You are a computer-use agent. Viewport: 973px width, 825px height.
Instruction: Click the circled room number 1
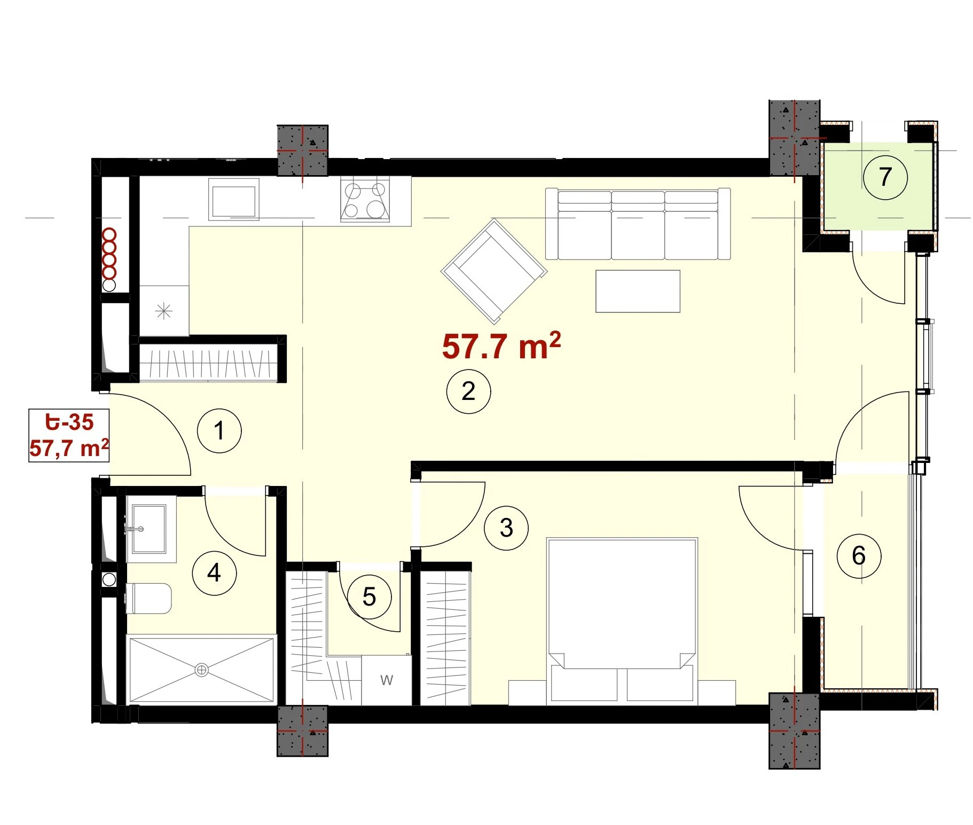(219, 430)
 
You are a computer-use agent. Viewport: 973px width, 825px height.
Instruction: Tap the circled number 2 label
(468, 391)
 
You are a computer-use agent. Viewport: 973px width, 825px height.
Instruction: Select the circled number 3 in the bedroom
(506, 528)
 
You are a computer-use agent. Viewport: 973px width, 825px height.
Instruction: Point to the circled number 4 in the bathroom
(214, 573)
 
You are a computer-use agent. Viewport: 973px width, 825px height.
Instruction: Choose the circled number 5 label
(369, 597)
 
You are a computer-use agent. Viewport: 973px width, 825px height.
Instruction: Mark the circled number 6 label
(859, 555)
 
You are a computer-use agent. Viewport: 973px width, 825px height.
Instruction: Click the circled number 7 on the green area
(885, 177)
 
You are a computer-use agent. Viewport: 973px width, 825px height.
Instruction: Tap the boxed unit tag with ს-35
(69, 435)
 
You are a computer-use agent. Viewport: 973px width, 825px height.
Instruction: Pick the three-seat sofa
(638, 224)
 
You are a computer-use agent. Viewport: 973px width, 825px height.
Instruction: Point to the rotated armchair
(494, 271)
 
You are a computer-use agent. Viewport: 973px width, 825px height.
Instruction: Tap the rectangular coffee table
(638, 291)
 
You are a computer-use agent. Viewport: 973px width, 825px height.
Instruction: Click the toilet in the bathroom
(149, 598)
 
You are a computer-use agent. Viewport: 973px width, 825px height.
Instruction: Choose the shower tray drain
(201, 670)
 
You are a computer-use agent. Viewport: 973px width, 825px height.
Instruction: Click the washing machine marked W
(387, 680)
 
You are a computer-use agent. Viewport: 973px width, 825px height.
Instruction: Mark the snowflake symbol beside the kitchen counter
(164, 311)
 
